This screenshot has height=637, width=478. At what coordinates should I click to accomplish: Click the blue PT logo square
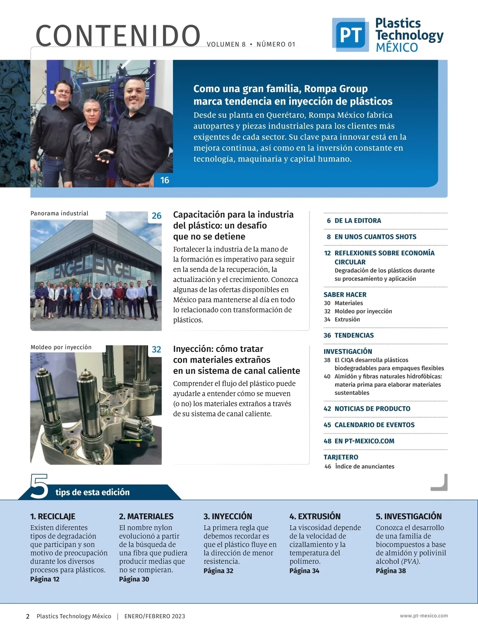point(350,35)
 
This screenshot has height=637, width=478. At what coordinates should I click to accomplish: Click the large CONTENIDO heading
point(118,36)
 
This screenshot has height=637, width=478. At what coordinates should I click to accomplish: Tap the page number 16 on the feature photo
point(165,180)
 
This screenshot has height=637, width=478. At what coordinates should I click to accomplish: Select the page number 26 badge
point(157,216)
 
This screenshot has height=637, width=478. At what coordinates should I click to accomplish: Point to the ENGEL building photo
point(96,275)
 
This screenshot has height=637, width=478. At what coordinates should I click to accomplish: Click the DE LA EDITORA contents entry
point(357,221)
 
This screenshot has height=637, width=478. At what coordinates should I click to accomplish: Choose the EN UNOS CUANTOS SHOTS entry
point(375,237)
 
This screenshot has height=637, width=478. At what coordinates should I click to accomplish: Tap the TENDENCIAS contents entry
point(354,335)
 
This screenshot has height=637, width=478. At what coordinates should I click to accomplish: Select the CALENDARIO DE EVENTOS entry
point(374,425)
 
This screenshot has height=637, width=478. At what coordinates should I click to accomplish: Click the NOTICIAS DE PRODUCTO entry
point(372,409)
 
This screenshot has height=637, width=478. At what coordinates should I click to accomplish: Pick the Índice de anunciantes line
point(364,466)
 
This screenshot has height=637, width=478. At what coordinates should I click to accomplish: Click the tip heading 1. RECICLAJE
point(53,516)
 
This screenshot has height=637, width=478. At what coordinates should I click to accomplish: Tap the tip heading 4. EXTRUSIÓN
point(315,516)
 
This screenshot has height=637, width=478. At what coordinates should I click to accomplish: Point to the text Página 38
point(391,571)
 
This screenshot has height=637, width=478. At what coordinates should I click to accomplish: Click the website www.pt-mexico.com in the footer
point(424,616)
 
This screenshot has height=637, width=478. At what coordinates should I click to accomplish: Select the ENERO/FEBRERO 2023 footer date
point(155,616)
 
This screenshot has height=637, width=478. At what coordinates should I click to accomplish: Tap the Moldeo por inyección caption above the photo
point(61,347)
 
